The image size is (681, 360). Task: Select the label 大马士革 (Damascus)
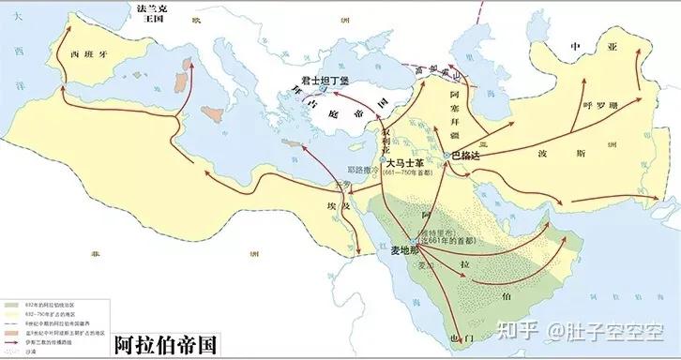click(x=409, y=162)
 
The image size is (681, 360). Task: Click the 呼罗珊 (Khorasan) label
click(x=601, y=105)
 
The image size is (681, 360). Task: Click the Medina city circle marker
click(x=414, y=240)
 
